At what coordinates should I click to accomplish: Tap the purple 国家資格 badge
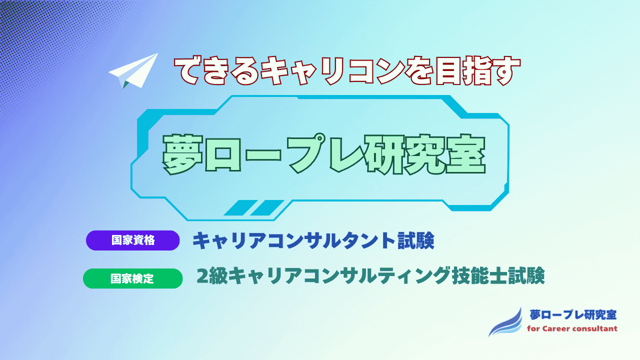pyautogui.click(x=133, y=240)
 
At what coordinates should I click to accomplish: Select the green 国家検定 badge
pyautogui.click(x=133, y=278)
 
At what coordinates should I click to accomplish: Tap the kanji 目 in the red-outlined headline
pyautogui.click(x=448, y=71)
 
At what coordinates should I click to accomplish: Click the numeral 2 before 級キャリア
pyautogui.click(x=202, y=276)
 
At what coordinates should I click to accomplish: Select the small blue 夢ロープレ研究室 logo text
pyautogui.click(x=573, y=315)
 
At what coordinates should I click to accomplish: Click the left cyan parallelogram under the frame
pyautogui.click(x=240, y=207)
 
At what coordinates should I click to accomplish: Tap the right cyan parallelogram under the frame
pyautogui.click(x=267, y=207)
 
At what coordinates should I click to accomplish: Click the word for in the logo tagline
pyautogui.click(x=533, y=328)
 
